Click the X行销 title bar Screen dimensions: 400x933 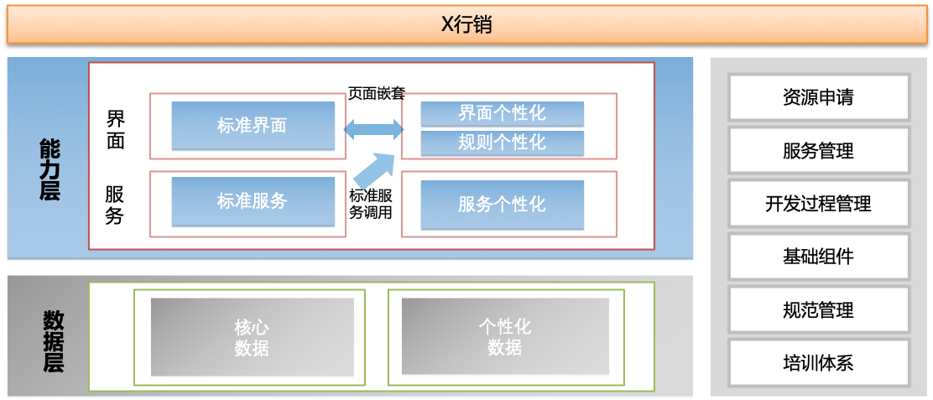coord(466,24)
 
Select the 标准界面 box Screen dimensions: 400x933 coord(253,126)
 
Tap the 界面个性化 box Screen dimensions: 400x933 coord(502,113)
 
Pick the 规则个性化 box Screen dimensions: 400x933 coord(502,143)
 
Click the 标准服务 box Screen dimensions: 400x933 coord(253,201)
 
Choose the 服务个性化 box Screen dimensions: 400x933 coord(502,204)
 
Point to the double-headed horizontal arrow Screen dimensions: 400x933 coord(373,129)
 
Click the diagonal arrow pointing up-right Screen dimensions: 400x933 coord(374,170)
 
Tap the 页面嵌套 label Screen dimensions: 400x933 coord(377,93)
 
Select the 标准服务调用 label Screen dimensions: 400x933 coord(371,204)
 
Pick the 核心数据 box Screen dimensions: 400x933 coord(252,337)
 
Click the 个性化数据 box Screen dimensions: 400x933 coord(504,337)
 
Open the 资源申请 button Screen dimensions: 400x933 coord(818,97)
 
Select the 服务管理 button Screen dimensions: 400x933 coord(818,151)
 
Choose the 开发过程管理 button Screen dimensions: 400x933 coord(818,204)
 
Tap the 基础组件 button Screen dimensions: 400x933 coord(818,257)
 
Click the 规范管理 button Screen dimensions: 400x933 coord(818,310)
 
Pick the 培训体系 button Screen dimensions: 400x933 coord(818,363)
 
